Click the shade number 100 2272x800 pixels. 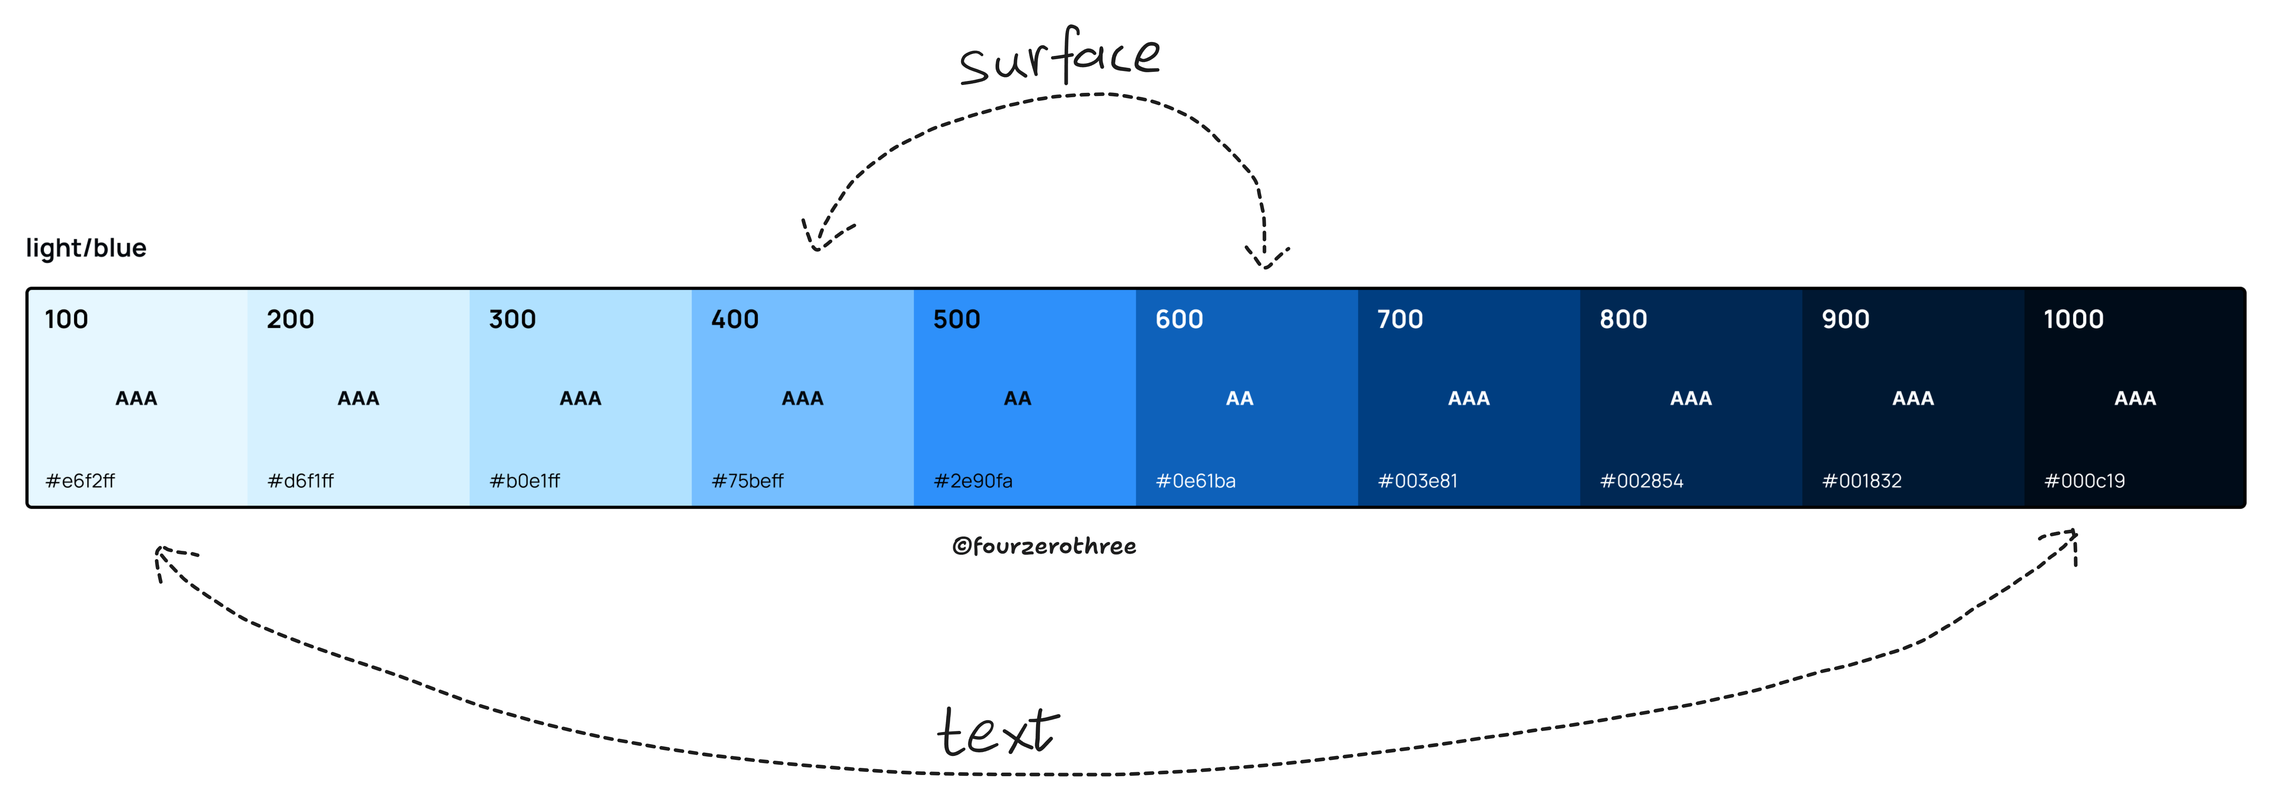66,319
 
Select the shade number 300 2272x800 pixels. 512,319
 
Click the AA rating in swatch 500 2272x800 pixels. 1017,399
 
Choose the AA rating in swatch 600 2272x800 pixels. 1239,399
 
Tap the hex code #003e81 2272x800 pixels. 1417,481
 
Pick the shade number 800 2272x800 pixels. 1623,319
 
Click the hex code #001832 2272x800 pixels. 1862,481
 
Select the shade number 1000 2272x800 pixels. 2074,319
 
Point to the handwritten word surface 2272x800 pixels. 1059,57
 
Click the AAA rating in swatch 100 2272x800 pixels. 137,399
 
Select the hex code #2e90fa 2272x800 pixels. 973,481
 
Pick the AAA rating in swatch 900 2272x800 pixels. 1913,399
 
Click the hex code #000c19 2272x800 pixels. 2084,481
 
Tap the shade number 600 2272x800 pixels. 1179,319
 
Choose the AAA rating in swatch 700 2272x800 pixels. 1468,399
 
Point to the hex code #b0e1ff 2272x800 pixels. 525,481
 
